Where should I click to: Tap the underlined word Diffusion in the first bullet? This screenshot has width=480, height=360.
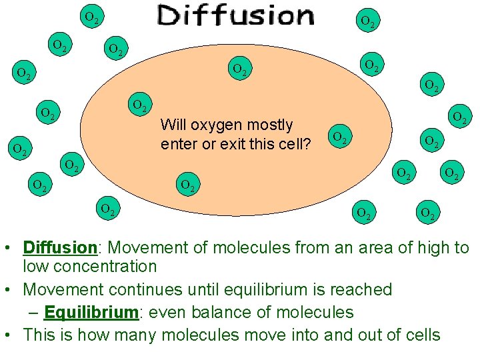[60, 248]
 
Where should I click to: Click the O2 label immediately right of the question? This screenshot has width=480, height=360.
[340, 138]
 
